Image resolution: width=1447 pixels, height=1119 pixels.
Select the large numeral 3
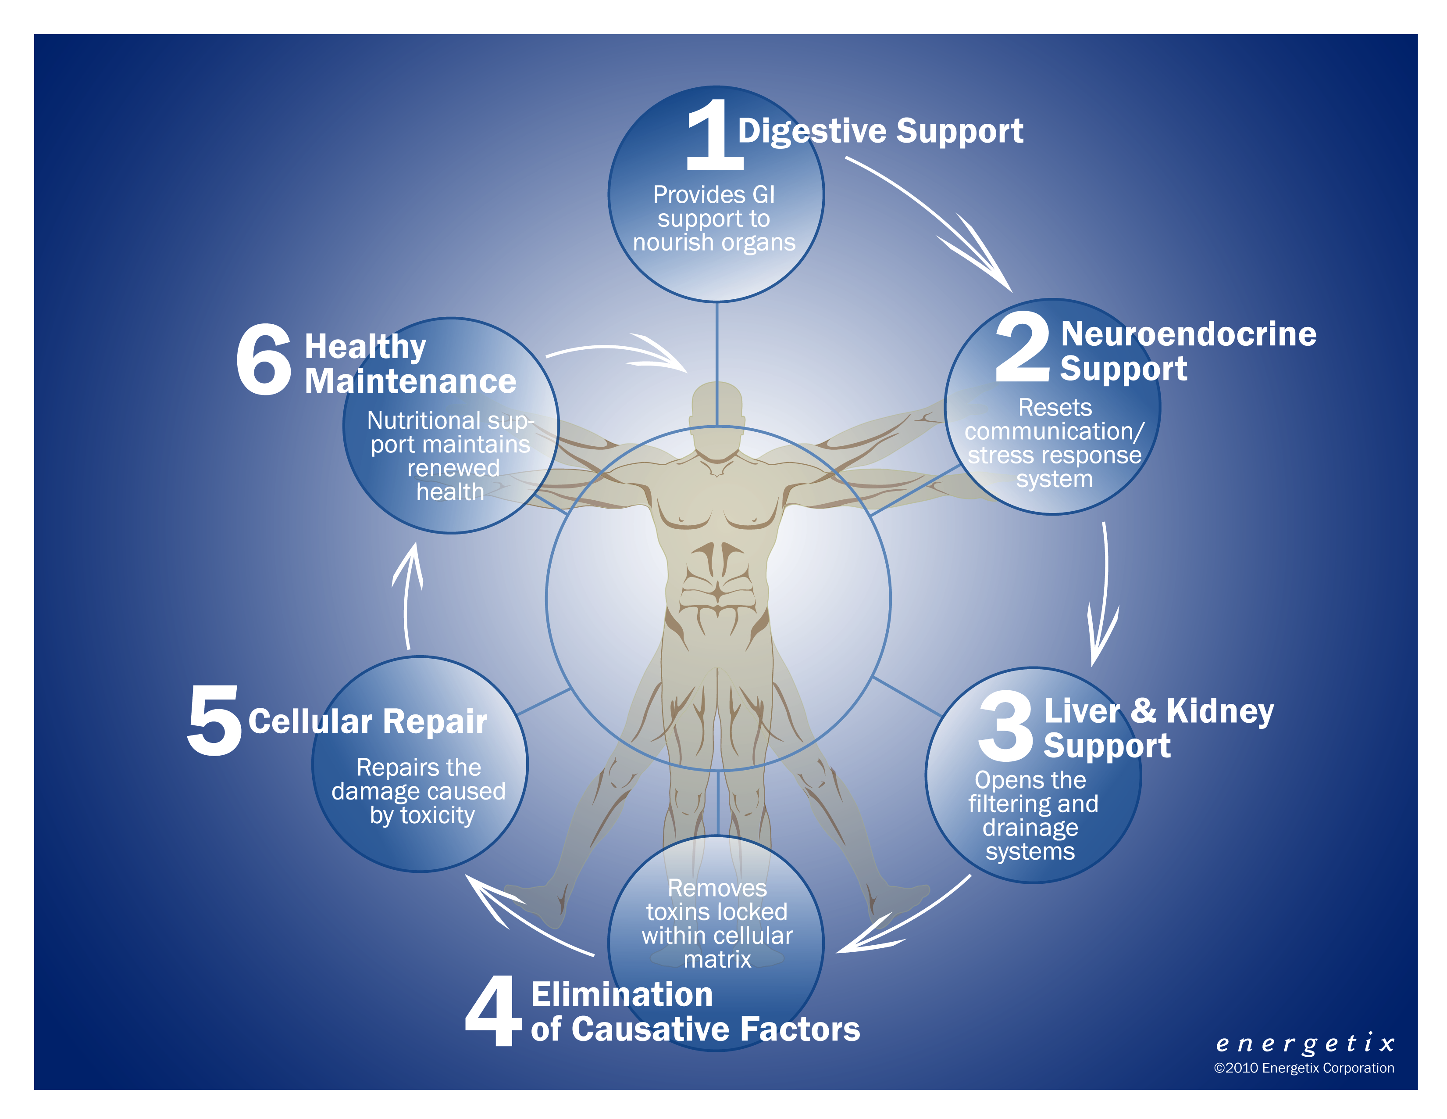[1005, 725]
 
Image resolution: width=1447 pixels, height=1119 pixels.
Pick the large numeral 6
[264, 359]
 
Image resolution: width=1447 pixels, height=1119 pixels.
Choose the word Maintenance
[410, 381]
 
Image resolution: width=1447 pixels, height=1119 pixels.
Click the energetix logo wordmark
[1305, 1044]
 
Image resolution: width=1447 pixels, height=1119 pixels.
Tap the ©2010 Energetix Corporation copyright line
[1304, 1068]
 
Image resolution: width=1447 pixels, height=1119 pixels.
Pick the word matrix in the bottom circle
[717, 959]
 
